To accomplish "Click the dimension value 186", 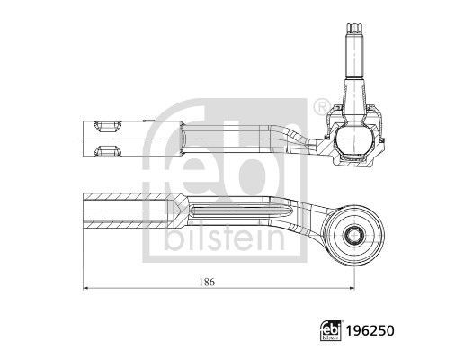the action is [x=207, y=282].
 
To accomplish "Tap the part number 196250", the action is [x=370, y=331].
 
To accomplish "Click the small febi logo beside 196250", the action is [x=331, y=330].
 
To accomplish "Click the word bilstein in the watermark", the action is [x=224, y=238].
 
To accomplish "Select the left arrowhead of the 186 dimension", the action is [x=85, y=288].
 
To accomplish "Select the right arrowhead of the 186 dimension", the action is [x=352, y=288].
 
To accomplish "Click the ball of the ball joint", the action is [x=354, y=139].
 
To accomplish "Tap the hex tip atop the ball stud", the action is [x=354, y=28].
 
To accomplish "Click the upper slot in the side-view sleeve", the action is [x=107, y=126].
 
